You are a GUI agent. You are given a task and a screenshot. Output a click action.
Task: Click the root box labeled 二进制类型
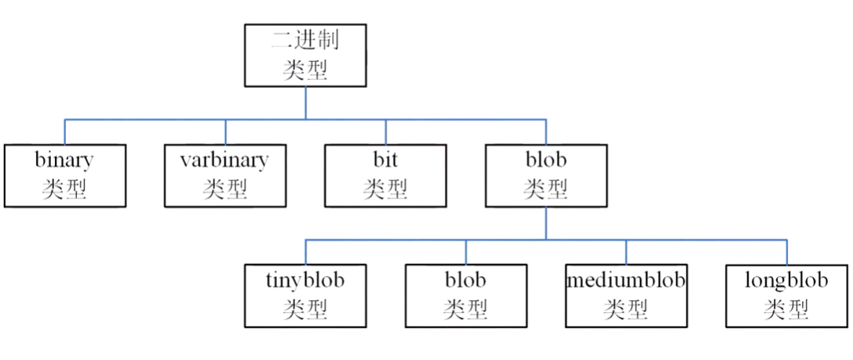coord(305,55)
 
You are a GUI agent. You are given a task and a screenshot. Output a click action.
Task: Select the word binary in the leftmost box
coord(64,160)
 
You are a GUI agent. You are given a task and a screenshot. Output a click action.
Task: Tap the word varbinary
coord(224,160)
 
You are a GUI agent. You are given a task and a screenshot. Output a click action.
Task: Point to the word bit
coord(385,160)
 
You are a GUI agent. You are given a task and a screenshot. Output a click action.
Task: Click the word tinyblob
coord(305,279)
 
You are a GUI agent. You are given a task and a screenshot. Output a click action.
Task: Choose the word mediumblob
coord(625,279)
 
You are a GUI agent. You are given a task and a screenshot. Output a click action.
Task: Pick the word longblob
coord(786,279)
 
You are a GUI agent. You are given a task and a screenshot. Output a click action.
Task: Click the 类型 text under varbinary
coord(224,189)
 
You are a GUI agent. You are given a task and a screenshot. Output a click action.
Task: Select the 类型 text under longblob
coord(786,309)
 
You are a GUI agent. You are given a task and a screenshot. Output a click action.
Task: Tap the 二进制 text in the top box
coord(305,39)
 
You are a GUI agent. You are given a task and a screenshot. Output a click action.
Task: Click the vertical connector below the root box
coord(305,103)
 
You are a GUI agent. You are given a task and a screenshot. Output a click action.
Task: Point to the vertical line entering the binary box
coord(64,132)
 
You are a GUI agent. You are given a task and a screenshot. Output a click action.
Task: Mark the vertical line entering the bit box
coord(385,132)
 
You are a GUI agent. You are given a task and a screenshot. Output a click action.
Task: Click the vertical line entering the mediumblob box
coord(626,252)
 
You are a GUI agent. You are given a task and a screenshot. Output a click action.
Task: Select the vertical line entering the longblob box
coord(786,252)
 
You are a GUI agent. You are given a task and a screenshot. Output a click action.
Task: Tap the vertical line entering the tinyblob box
coord(305,252)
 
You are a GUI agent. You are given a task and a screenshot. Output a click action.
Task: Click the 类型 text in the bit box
coord(385,189)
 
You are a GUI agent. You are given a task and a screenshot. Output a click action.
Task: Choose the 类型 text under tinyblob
coord(305,309)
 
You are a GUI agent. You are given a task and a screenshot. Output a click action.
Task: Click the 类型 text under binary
coord(64,189)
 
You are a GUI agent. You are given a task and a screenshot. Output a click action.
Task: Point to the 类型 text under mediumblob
coord(625,309)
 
